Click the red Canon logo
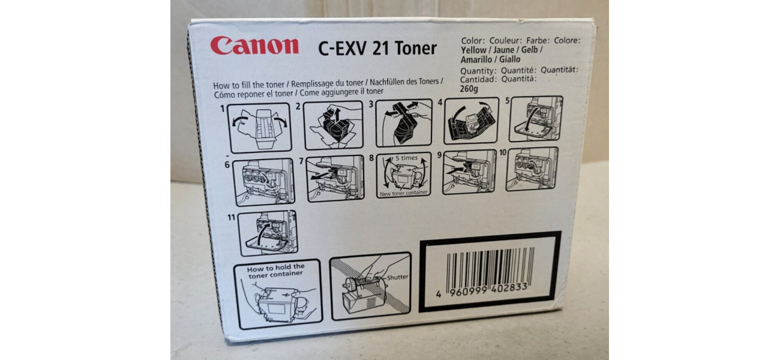254,46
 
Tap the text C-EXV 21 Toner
377,49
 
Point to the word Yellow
473,50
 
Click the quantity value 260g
469,89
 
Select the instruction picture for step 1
259,128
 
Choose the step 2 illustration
333,125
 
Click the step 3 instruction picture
404,123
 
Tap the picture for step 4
472,121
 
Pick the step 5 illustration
536,119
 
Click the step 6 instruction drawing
263,182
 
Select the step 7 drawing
335,178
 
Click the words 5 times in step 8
406,158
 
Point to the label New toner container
404,193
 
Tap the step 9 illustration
469,172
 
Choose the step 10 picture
532,169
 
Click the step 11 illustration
268,233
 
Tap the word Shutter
398,277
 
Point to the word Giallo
510,59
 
